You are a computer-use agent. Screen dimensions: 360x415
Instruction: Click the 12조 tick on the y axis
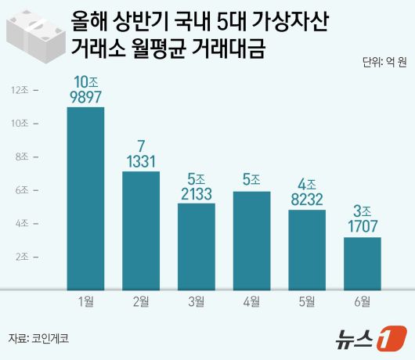(x=20, y=90)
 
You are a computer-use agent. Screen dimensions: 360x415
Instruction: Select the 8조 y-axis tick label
(x=20, y=157)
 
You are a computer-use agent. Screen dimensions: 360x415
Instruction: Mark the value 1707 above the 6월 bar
(x=363, y=226)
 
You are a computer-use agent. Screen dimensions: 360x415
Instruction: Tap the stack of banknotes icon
(x=34, y=34)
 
